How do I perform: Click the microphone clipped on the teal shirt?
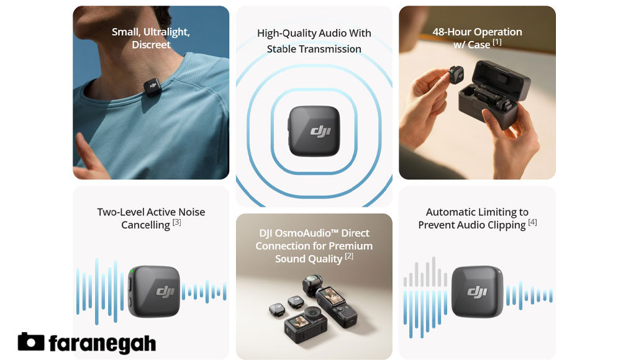tap(152, 87)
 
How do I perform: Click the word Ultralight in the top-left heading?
tap(168, 32)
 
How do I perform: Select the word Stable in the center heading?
tap(283, 49)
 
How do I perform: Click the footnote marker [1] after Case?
tap(497, 42)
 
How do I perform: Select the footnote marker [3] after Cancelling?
tap(177, 222)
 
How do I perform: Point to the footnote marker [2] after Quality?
tap(349, 256)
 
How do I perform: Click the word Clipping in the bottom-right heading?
tap(502, 225)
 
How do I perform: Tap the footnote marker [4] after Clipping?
tap(532, 222)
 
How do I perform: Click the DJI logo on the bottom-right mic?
tap(477, 292)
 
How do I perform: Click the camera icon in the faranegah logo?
tap(30, 342)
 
